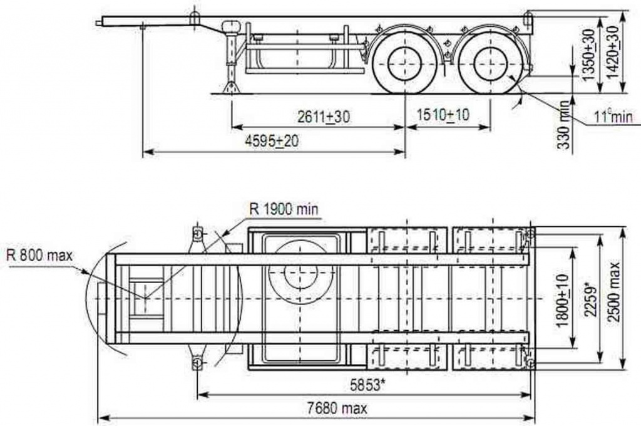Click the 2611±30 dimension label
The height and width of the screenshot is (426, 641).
324,117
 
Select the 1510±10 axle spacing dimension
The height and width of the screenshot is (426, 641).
443,115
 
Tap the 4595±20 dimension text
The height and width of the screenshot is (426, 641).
272,141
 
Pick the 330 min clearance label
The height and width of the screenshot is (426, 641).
564,125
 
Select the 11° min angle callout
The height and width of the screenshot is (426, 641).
613,117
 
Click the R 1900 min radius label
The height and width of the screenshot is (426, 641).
284,209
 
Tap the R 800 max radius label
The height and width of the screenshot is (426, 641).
39,256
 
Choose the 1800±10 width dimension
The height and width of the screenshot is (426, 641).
563,300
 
